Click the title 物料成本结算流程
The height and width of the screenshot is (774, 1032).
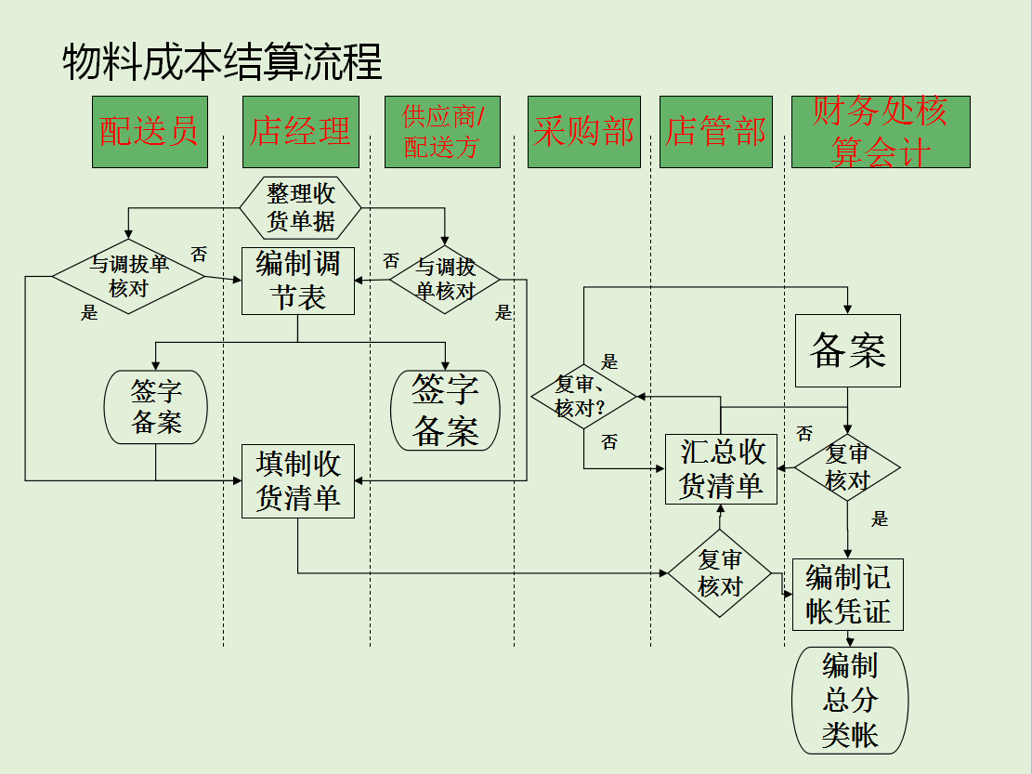pos(222,63)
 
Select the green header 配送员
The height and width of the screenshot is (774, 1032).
pos(150,132)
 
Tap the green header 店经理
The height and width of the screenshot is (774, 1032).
pos(300,132)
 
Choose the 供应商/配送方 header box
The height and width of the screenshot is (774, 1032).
pos(442,132)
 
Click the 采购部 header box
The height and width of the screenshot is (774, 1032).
pos(583,132)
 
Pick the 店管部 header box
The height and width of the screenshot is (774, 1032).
pos(715,132)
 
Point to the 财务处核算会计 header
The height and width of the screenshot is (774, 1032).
pos(880,132)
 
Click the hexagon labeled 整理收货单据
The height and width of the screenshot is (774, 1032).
pos(301,208)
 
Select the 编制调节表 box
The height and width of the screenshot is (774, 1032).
pos(298,281)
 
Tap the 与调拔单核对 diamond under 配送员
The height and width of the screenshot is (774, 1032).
pos(128,276)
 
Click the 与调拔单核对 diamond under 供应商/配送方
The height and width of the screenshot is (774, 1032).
pos(445,279)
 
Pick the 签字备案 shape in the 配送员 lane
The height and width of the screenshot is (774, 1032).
pos(156,407)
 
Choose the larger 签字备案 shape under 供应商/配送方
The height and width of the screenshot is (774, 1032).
pos(446,411)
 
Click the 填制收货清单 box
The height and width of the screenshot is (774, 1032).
pos(298,480)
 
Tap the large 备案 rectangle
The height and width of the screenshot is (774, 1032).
pos(847,350)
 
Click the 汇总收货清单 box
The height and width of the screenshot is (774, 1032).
pos(721,469)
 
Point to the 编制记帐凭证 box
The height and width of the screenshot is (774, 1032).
pos(847,595)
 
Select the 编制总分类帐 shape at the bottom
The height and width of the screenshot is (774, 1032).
pos(849,701)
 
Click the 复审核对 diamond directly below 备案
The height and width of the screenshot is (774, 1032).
pos(847,467)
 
